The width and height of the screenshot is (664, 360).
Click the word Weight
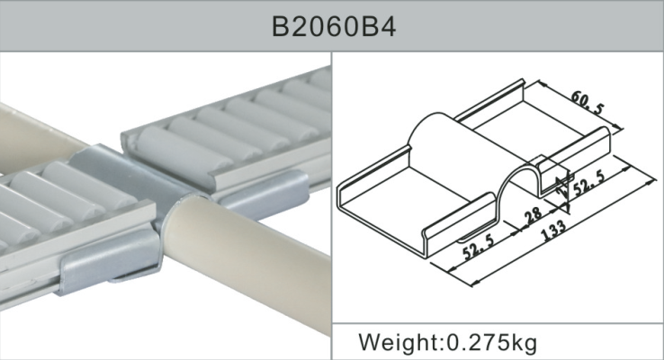coord(397,342)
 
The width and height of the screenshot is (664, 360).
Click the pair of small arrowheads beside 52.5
coord(560,187)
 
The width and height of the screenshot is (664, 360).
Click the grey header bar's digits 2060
coord(335,26)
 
